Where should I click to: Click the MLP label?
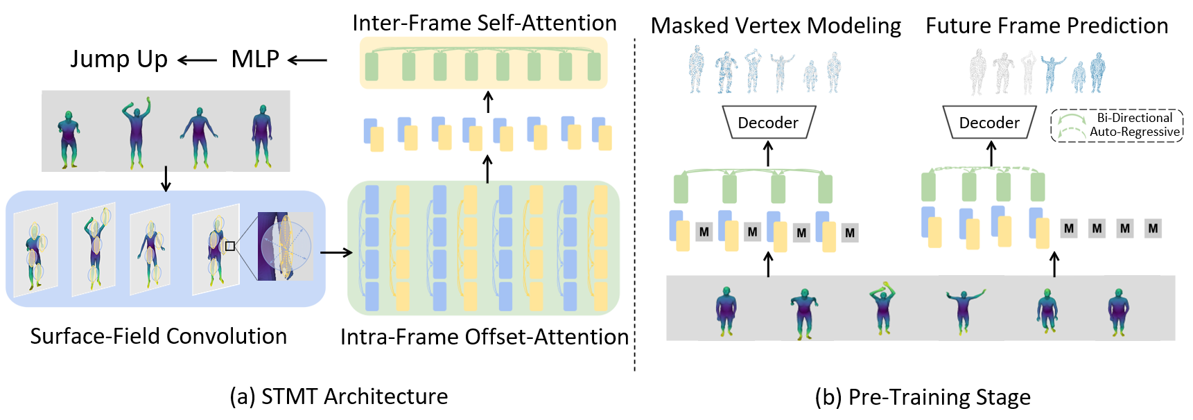pos(255,60)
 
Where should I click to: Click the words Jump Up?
pos(119,60)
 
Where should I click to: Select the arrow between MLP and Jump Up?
pos(198,61)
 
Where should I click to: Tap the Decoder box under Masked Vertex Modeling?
pos(768,123)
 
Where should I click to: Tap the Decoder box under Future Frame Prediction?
pos(989,123)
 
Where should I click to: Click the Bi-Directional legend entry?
pos(1134,118)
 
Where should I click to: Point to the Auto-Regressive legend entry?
pos(1134,132)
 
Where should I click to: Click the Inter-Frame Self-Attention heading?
pos(484,23)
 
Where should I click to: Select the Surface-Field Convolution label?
pos(158,336)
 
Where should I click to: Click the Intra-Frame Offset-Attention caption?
pos(484,337)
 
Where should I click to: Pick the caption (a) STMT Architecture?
pos(338,396)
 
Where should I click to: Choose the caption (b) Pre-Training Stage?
pos(923,397)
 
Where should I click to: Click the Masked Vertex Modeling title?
pos(776,26)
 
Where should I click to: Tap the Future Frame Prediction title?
pos(1047,26)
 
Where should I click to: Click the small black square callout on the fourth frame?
pos(230,246)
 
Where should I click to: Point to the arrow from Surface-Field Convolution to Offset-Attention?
pos(336,252)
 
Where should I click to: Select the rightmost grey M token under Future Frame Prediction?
pos(1153,229)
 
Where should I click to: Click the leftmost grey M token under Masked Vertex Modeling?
pos(704,232)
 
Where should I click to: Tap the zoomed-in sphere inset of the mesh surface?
pos(285,246)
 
